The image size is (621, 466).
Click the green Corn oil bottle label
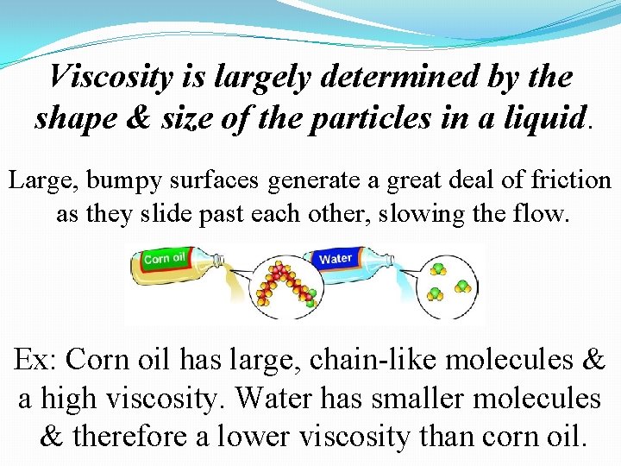pyautogui.click(x=165, y=258)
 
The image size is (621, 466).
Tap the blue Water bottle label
pyautogui.click(x=336, y=258)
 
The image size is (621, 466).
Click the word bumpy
pyautogui.click(x=116, y=181)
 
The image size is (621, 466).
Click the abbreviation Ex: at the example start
pyautogui.click(x=35, y=359)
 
